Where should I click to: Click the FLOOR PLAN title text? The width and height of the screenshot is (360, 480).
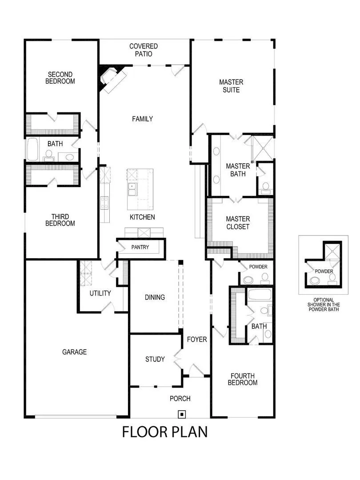165,432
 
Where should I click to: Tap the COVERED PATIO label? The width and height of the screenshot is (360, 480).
144,50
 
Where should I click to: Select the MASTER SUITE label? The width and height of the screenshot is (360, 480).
231,86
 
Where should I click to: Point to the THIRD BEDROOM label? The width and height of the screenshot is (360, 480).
60,220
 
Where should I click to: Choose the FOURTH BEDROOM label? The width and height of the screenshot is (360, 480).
243,379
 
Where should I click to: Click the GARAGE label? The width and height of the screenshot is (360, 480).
74,352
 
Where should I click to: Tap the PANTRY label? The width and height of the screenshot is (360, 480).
140,248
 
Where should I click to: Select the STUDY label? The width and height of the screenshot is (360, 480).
155,359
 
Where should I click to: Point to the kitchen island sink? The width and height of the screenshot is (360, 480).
132,190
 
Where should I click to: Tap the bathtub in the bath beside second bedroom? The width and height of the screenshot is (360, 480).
32,149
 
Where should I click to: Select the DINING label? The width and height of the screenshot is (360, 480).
155,297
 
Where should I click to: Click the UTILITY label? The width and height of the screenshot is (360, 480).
100,293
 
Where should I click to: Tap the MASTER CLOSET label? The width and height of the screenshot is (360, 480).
238,223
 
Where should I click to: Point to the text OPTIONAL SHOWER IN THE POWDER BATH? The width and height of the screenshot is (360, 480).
324,304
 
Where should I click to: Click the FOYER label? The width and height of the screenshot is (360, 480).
197,340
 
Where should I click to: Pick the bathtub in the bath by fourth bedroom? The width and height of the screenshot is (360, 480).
256,294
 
